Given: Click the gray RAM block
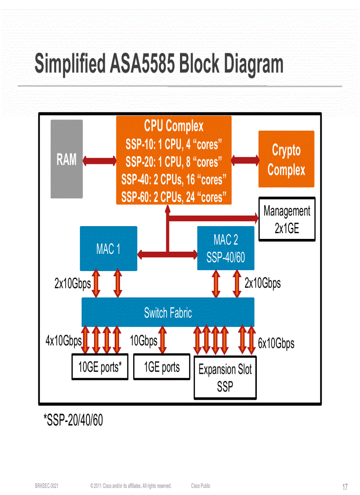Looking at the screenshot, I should point(67,159).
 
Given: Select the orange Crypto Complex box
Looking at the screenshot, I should point(286,159).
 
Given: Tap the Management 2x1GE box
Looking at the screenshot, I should point(287,219).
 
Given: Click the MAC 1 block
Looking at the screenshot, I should point(109,249).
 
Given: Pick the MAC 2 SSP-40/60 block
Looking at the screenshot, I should point(225,248).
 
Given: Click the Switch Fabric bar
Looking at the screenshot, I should point(168,313).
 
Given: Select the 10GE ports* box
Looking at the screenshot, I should point(100,367).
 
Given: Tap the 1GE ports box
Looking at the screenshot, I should point(162,367).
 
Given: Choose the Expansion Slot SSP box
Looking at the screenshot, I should point(225,377).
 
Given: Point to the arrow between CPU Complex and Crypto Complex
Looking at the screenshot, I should point(245,159).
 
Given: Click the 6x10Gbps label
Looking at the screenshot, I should point(276,343).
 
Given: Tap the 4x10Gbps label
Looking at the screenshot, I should point(64,341).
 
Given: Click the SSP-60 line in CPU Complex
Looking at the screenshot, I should point(173,197).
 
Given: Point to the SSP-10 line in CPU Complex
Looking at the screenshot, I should point(173,144).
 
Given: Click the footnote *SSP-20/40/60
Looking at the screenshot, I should point(73,420).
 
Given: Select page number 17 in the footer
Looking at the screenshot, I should point(345,487).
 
